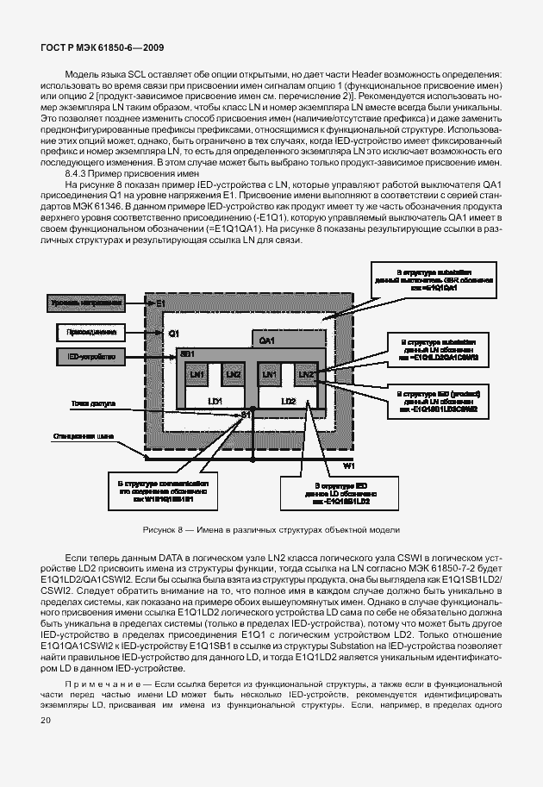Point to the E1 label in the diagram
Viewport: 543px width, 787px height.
(161, 303)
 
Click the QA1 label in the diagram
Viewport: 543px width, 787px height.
(266, 340)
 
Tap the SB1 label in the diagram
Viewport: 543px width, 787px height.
(187, 354)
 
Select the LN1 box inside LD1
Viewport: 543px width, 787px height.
(197, 375)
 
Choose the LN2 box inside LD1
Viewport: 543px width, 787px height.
(232, 375)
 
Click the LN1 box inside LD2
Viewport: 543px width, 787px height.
(270, 375)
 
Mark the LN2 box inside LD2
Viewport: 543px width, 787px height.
(304, 375)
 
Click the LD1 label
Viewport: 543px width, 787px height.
(215, 402)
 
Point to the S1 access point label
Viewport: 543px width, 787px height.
(247, 415)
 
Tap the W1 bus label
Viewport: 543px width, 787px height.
(349, 465)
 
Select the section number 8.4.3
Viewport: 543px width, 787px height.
(80, 173)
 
